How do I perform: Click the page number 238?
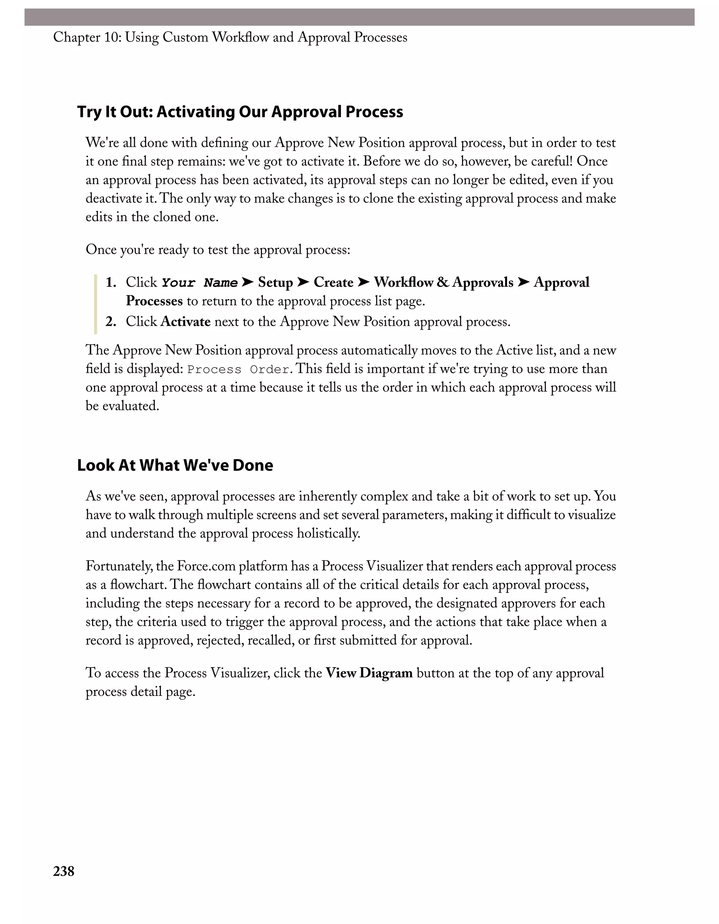pyautogui.click(x=64, y=871)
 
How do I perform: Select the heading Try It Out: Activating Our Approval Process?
pyautogui.click(x=240, y=112)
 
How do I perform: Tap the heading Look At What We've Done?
pyautogui.click(x=175, y=465)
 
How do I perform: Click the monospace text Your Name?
pyautogui.click(x=199, y=282)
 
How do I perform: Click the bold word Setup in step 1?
pyautogui.click(x=275, y=282)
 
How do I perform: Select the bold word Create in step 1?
pyautogui.click(x=333, y=282)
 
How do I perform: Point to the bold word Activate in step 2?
pyautogui.click(x=185, y=321)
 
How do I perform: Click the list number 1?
pyautogui.click(x=111, y=282)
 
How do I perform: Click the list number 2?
pyautogui.click(x=111, y=321)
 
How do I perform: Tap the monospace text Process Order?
pyautogui.click(x=238, y=369)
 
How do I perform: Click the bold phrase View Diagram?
pyautogui.click(x=369, y=673)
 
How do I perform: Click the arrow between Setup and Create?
pyautogui.click(x=303, y=282)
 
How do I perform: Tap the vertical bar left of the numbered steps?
pyautogui.click(x=95, y=304)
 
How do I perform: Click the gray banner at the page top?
pyautogui.click(x=359, y=17)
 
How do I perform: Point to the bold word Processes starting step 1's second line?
pyautogui.click(x=154, y=301)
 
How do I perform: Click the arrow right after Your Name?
pyautogui.click(x=248, y=282)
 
